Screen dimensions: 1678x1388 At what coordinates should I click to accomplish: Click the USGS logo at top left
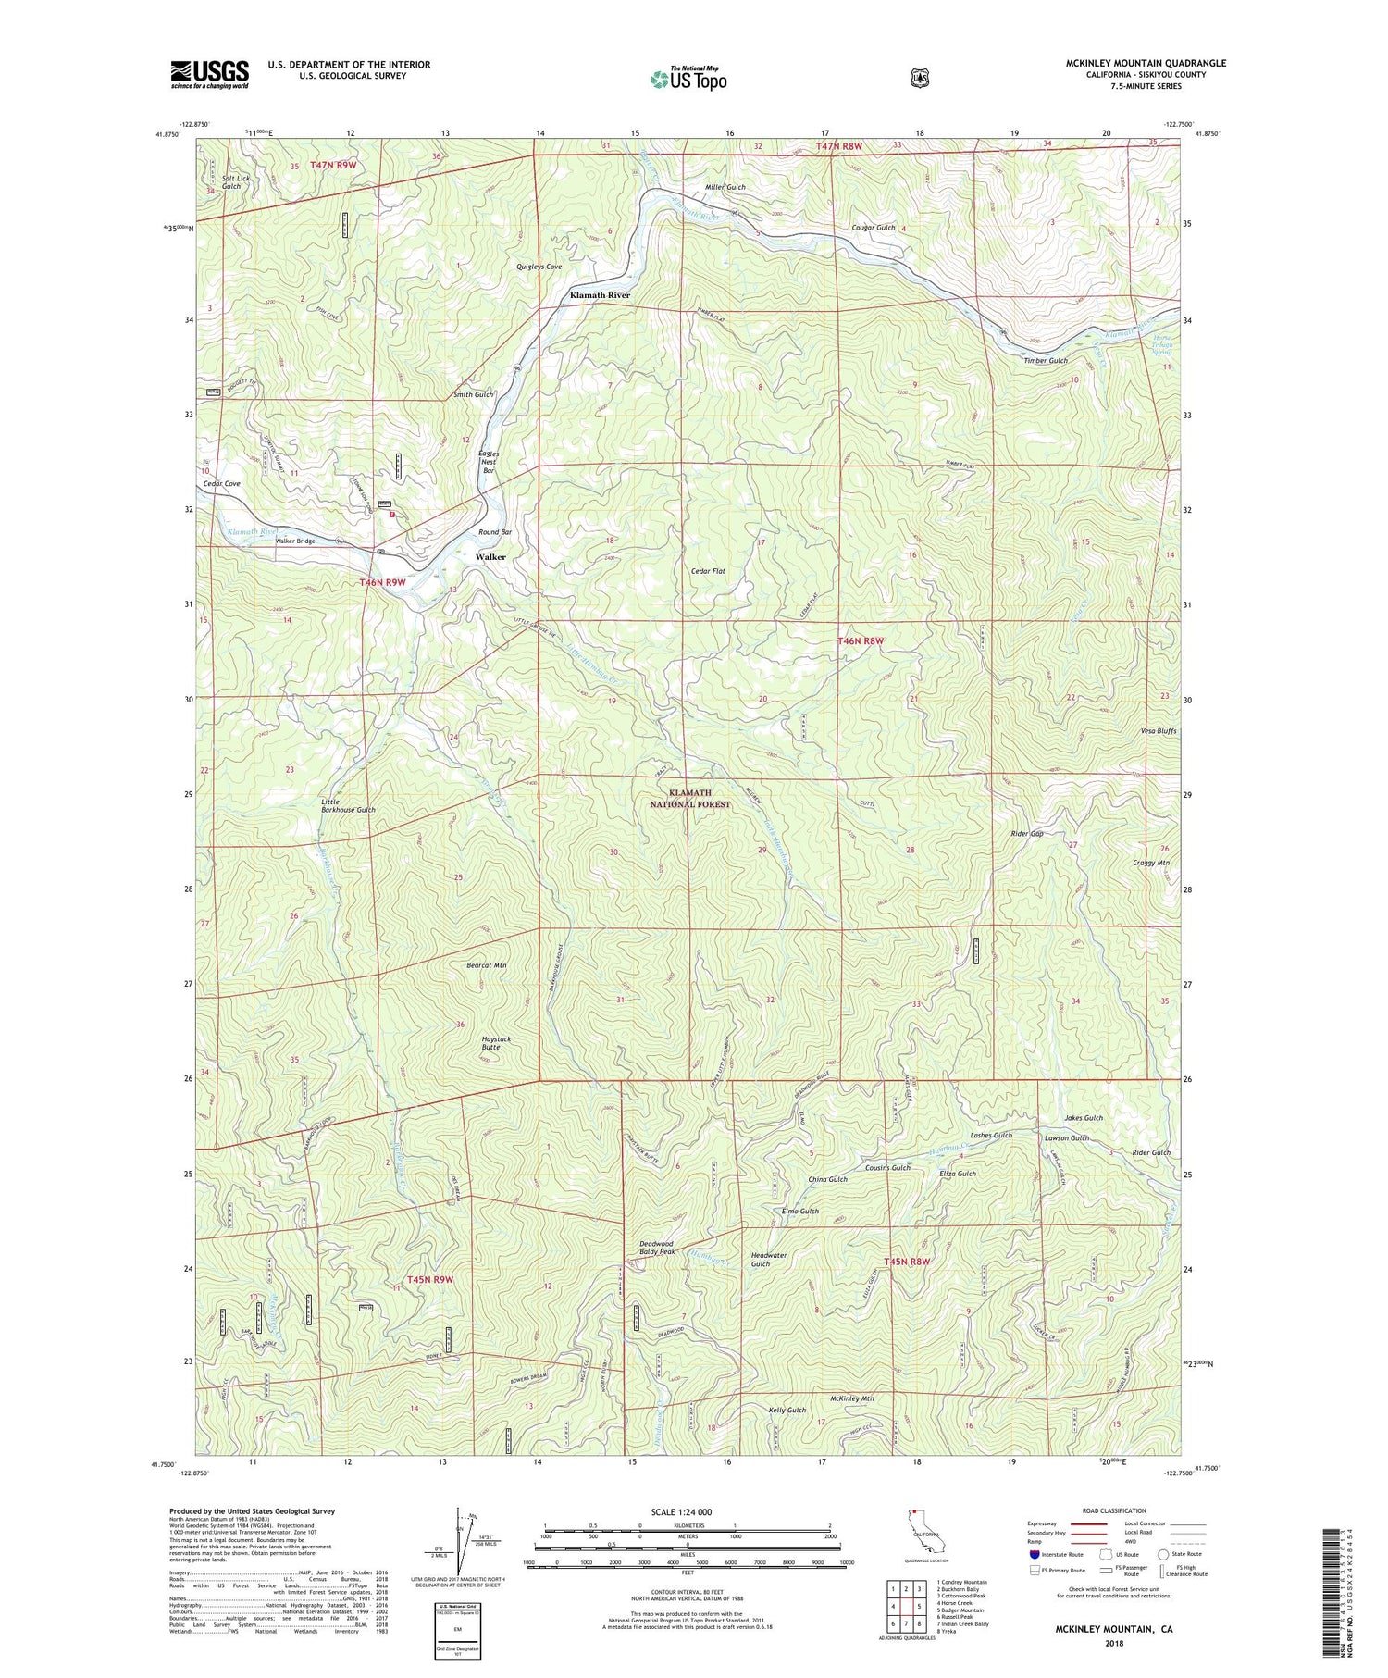click(209, 74)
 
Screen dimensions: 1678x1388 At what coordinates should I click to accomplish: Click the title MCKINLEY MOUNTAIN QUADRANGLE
click(1146, 63)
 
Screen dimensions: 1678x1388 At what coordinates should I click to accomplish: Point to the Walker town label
click(490, 557)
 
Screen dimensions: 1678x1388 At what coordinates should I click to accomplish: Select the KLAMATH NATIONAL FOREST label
click(690, 799)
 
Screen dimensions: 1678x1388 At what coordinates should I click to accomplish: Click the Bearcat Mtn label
click(487, 965)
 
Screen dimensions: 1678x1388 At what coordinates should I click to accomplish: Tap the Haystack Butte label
click(496, 1043)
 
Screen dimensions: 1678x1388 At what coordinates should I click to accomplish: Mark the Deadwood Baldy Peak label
click(657, 1248)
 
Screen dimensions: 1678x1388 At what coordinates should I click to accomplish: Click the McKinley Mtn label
click(852, 1398)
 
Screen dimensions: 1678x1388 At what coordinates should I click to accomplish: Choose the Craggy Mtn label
click(1151, 863)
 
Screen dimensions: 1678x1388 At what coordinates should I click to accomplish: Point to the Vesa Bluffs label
click(1159, 731)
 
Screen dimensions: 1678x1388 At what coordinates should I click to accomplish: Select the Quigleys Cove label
click(539, 267)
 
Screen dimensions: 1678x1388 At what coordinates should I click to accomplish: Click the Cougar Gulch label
click(874, 228)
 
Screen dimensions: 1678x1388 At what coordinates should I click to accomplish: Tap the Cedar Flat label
click(708, 571)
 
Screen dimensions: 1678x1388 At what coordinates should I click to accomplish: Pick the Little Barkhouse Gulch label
click(348, 805)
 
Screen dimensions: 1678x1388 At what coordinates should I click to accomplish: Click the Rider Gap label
click(1027, 834)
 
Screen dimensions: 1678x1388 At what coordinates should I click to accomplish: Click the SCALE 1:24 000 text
click(688, 1511)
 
